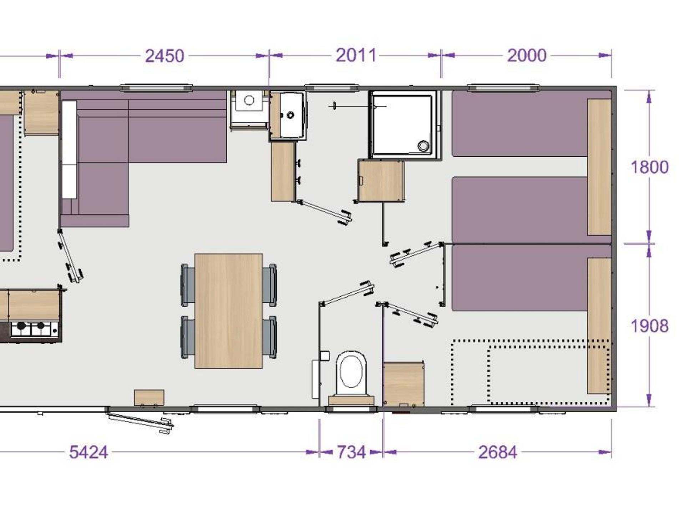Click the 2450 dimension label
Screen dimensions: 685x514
point(164,56)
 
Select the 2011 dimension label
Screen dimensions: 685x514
point(356,55)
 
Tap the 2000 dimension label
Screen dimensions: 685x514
point(527,55)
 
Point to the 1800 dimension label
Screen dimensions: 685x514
point(649,167)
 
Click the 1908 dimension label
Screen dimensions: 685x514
point(649,326)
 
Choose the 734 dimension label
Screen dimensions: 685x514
point(351,452)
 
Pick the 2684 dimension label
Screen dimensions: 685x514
point(497,452)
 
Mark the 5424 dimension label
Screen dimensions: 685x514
point(88,452)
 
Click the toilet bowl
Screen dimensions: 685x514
point(352,373)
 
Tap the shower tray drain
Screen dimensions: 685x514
point(423,145)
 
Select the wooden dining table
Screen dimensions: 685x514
point(229,311)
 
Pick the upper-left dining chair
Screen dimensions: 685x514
point(188,285)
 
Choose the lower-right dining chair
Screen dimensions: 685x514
point(269,337)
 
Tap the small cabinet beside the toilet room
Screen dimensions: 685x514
point(404,384)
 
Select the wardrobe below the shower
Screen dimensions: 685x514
point(381,181)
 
